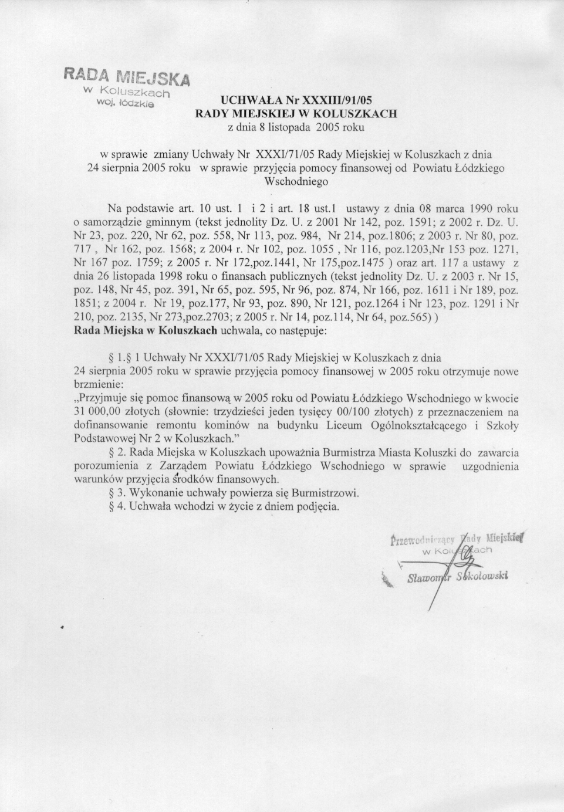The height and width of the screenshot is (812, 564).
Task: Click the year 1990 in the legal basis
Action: click(x=481, y=208)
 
